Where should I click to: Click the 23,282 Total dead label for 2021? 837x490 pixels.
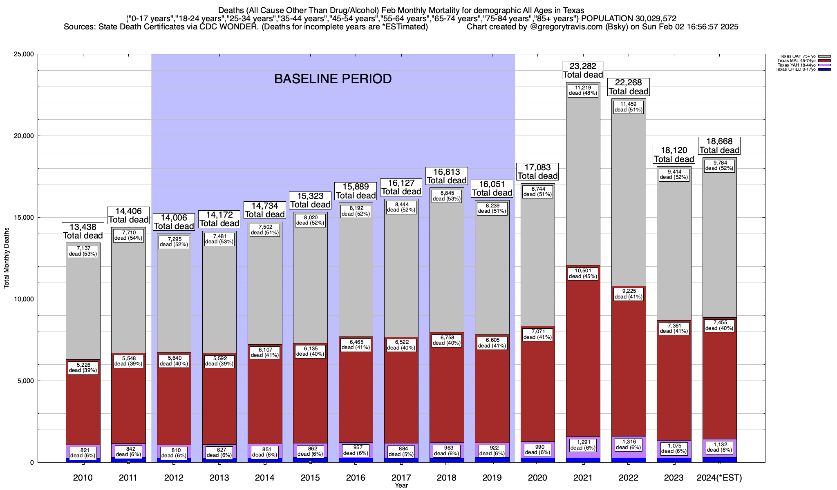pyautogui.click(x=583, y=70)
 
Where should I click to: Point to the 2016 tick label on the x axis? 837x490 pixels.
pyautogui.click(x=356, y=478)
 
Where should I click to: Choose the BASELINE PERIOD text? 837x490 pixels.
pyautogui.click(x=333, y=79)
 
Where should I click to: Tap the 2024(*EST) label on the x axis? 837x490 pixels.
pyautogui.click(x=719, y=478)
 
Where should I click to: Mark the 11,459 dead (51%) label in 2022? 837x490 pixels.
pyautogui.click(x=629, y=107)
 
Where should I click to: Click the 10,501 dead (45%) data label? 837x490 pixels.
pyautogui.click(x=583, y=274)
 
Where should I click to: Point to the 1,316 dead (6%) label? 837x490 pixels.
pyautogui.click(x=629, y=445)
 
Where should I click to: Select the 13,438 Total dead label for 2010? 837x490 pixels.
pyautogui.click(x=83, y=231)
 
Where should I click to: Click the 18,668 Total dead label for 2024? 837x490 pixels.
pyautogui.click(x=719, y=146)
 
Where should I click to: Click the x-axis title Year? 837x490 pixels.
pyautogui.click(x=401, y=486)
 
